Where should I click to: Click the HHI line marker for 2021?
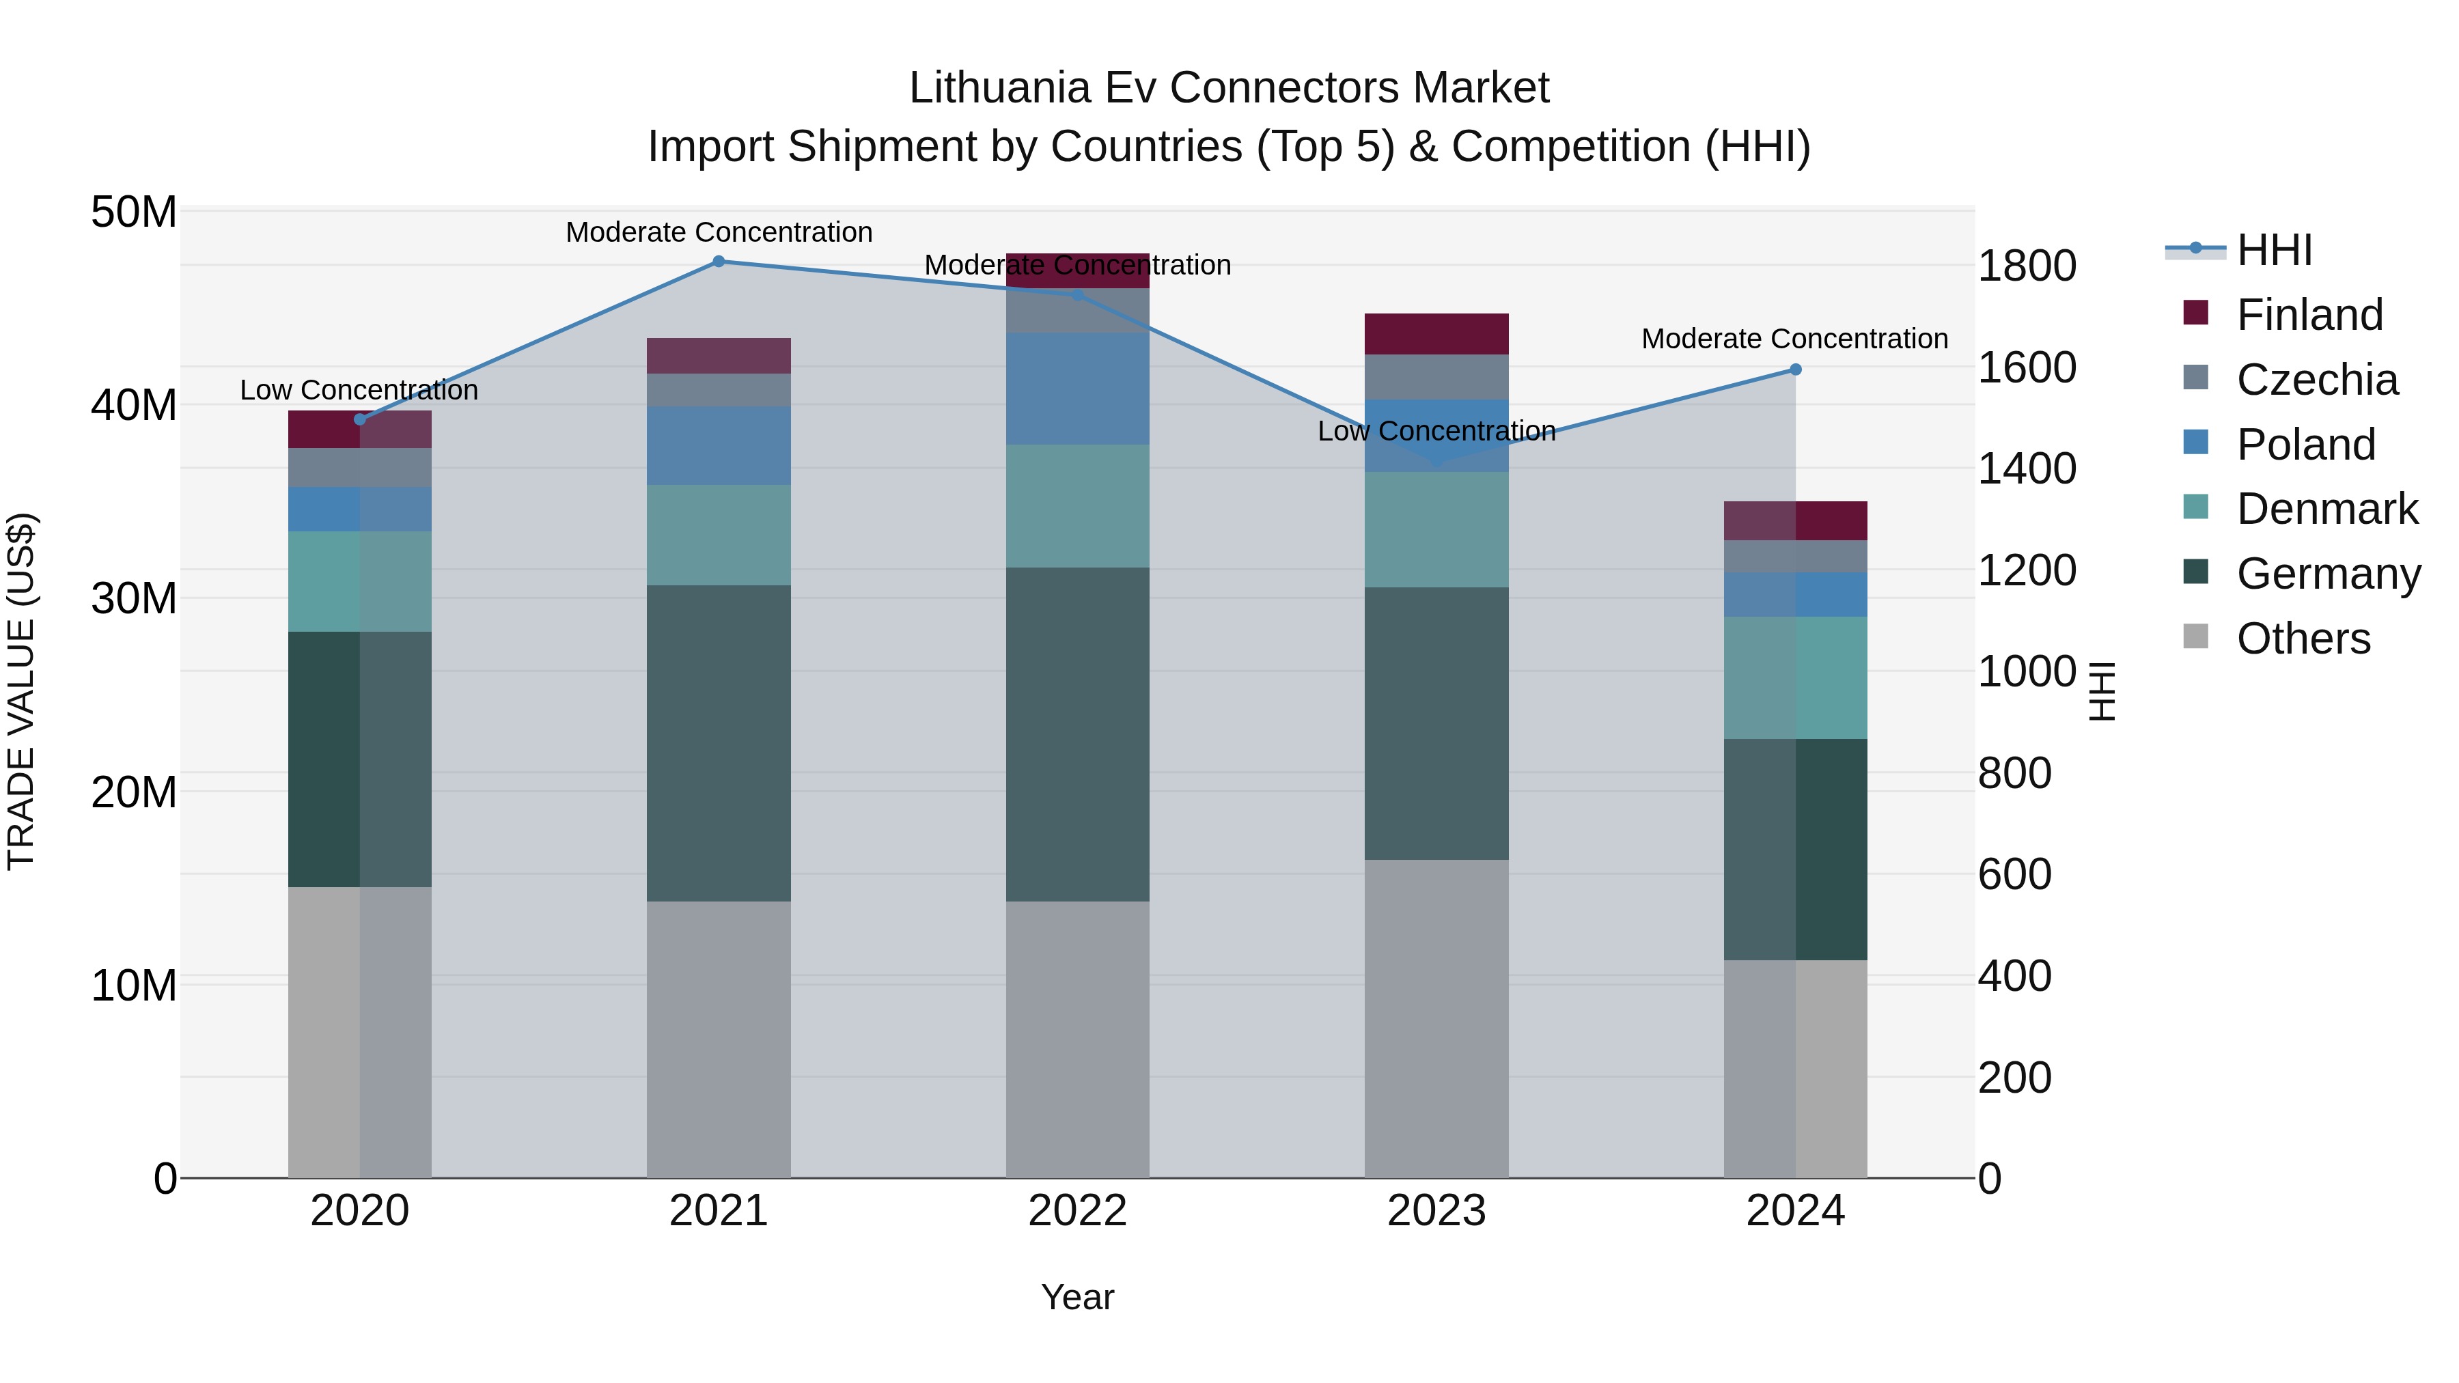(719, 262)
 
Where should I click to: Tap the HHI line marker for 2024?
(1796, 369)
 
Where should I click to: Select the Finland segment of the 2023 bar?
(1436, 334)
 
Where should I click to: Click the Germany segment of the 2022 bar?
(1078, 734)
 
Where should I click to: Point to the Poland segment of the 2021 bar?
(719, 446)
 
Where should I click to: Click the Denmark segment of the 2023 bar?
(1436, 530)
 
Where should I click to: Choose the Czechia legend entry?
(2317, 380)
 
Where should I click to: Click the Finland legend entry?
(2309, 315)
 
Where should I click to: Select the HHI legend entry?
(2274, 250)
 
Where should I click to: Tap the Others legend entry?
(2303, 639)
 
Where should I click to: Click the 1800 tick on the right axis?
(2027, 266)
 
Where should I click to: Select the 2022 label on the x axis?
(1078, 1211)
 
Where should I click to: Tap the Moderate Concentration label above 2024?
(1794, 339)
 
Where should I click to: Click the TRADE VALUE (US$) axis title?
(21, 691)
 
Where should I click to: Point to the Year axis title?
(1078, 1297)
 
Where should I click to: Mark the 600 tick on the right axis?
(2014, 874)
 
